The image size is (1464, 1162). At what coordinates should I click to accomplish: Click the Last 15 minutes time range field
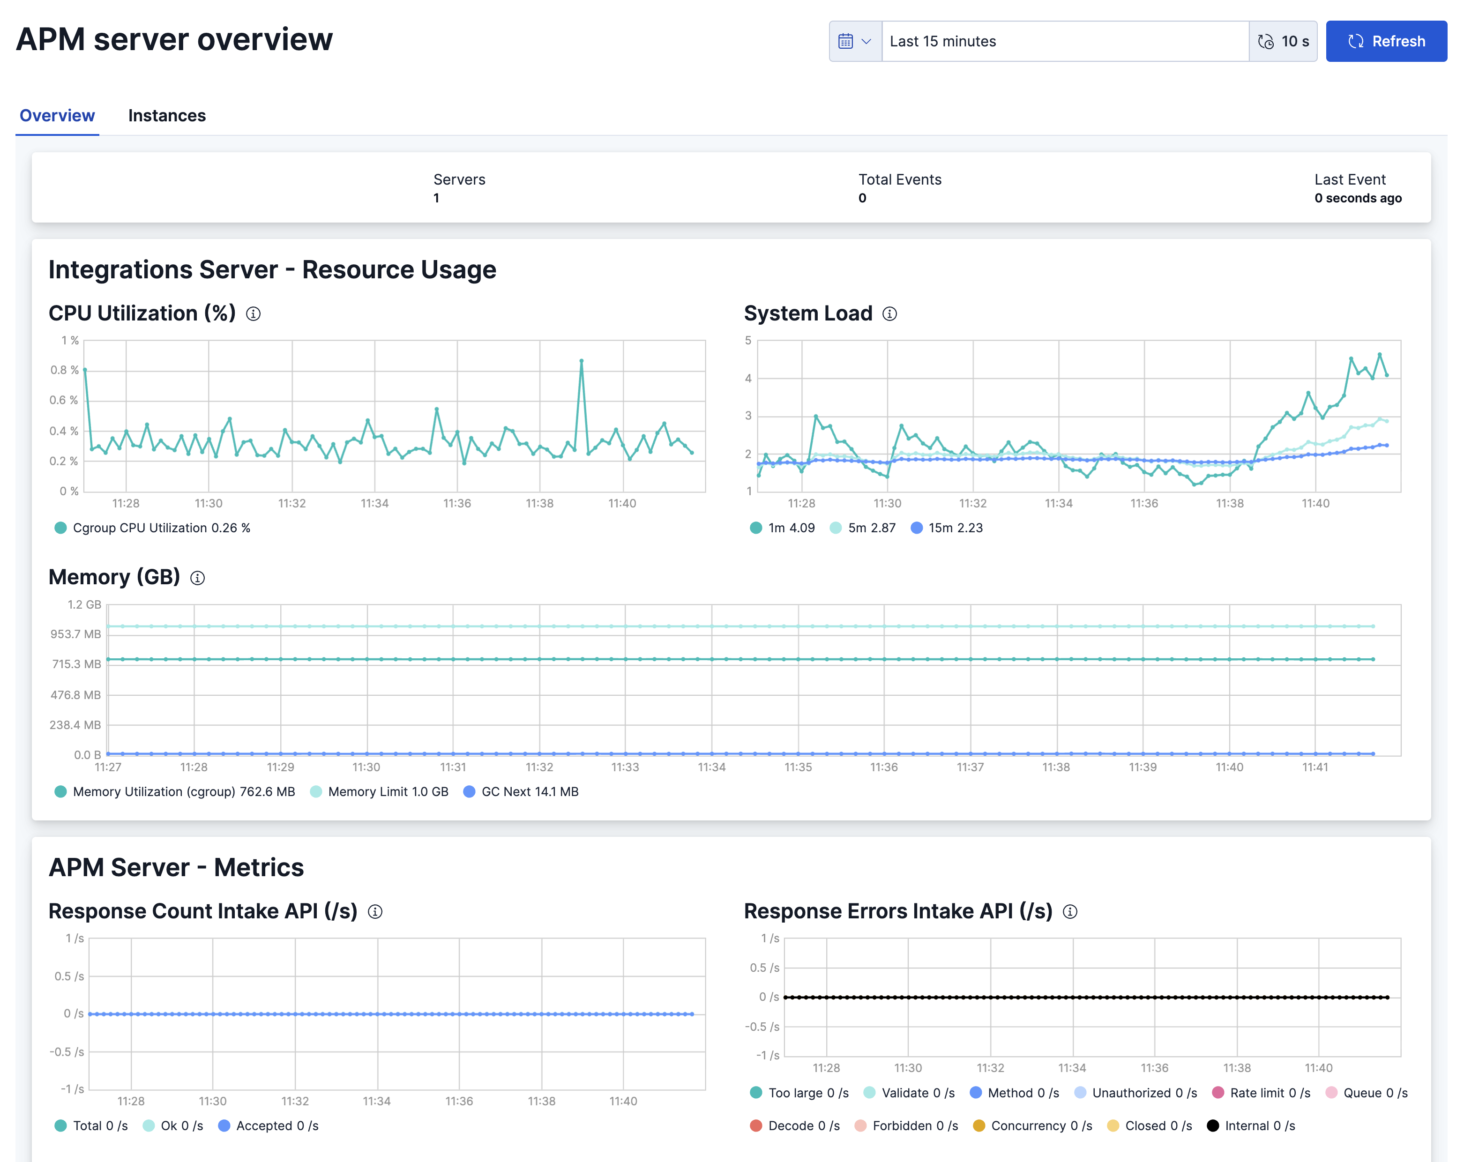pyautogui.click(x=1064, y=41)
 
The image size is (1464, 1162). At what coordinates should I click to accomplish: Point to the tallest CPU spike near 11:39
pyautogui.click(x=581, y=361)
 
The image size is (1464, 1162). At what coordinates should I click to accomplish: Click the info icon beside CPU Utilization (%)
pyautogui.click(x=253, y=313)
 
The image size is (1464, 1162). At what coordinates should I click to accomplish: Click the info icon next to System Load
pyautogui.click(x=889, y=313)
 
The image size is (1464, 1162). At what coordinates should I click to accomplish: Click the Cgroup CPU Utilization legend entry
pyautogui.click(x=153, y=528)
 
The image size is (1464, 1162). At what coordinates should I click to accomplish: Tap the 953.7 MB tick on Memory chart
pyautogui.click(x=75, y=634)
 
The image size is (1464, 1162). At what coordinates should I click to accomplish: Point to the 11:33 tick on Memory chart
pyautogui.click(x=625, y=767)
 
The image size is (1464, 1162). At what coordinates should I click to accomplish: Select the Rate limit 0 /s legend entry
pyautogui.click(x=1261, y=1093)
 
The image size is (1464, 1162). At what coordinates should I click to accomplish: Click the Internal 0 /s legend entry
pyautogui.click(x=1251, y=1125)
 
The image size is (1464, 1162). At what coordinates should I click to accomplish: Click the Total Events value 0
pyautogui.click(x=862, y=198)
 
